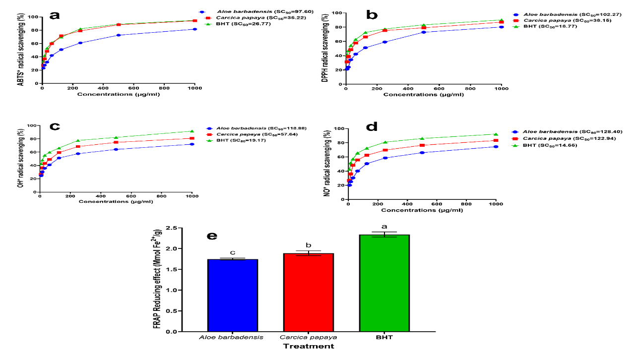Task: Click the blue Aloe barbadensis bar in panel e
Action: (233, 295)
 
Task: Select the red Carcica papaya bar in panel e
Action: (309, 293)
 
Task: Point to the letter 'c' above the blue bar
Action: (233, 253)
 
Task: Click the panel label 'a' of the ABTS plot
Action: (54, 14)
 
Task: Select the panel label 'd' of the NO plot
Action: (371, 127)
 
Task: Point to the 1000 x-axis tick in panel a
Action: (194, 88)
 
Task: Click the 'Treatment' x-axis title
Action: (308, 346)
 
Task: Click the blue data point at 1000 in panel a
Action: (195, 29)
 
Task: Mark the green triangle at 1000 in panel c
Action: (192, 131)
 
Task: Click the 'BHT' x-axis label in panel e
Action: (384, 337)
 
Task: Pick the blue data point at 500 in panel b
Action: (424, 32)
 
